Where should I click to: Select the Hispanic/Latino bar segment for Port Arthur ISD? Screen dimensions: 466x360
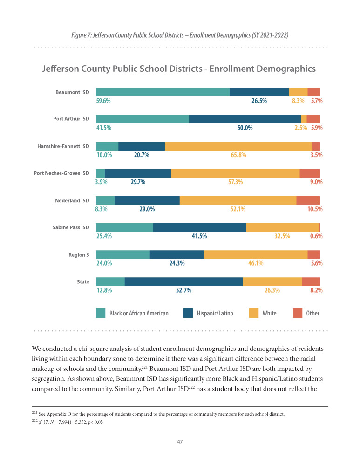tap(245, 119)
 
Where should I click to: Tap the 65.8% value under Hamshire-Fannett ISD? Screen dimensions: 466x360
tap(238, 155)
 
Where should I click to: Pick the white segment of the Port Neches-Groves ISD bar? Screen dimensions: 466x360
tap(235, 173)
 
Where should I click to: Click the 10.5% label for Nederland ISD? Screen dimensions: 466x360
tap(315, 209)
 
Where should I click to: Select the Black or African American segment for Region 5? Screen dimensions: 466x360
tap(122, 254)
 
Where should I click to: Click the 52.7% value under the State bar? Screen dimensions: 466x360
tap(184, 290)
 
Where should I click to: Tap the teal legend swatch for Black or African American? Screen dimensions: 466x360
tap(101, 313)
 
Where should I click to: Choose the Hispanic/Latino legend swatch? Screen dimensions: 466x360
tap(189, 313)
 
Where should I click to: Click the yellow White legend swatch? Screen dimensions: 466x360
tap(254, 313)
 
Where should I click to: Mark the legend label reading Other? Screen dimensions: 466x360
tap(313, 313)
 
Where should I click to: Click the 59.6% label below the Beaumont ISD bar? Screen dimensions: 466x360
tap(103, 101)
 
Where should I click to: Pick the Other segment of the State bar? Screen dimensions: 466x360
tap(311, 281)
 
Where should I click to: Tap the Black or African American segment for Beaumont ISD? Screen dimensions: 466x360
tap(163, 92)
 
